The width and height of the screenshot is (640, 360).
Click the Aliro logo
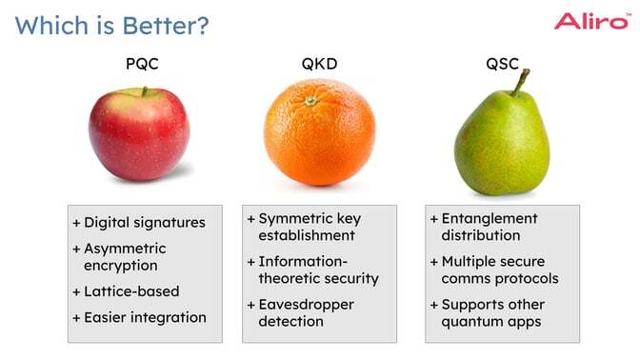coord(591,21)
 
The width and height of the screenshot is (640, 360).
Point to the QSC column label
coord(502,66)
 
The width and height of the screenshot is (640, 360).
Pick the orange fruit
coord(319,132)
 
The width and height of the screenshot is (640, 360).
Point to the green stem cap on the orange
coord(310,100)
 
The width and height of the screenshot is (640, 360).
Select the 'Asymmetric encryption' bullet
coord(120,257)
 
